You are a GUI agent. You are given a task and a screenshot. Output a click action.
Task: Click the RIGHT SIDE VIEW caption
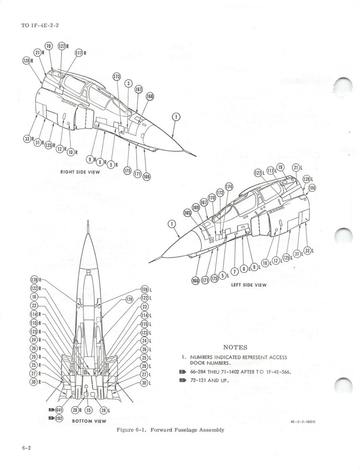[80, 172]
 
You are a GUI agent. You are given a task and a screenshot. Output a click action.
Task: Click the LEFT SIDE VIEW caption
[248, 285]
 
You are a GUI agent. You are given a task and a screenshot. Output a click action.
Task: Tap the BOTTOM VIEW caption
[89, 421]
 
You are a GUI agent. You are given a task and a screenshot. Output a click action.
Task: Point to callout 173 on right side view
[116, 76]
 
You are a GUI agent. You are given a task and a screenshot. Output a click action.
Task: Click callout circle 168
[149, 97]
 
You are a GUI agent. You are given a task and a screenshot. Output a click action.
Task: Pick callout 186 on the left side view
[312, 188]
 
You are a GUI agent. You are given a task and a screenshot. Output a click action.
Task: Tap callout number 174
[229, 186]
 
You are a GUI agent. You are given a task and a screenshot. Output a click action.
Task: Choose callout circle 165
[187, 213]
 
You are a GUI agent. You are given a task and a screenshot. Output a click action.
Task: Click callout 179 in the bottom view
[130, 299]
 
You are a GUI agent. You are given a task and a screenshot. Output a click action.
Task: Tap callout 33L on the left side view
[308, 250]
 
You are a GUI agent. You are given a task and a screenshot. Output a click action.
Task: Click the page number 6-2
[26, 448]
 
